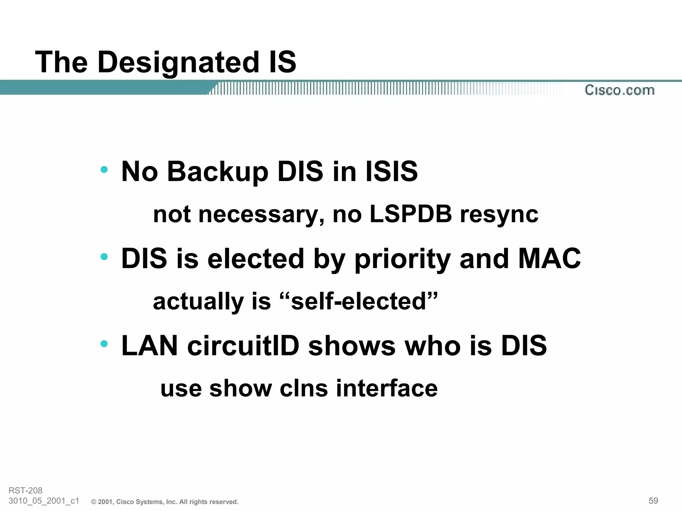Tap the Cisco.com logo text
[x=619, y=90]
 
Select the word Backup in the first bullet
[x=217, y=172]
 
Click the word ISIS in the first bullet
[x=391, y=172]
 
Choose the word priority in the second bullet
[x=402, y=259]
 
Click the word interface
[x=387, y=388]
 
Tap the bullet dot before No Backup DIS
[x=104, y=169]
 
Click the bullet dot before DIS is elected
[x=104, y=256]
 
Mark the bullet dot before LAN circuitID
[x=104, y=343]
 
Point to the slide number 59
[x=653, y=501]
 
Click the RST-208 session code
[x=26, y=490]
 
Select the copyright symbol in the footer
[x=94, y=502]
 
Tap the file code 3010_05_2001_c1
[x=44, y=501]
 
